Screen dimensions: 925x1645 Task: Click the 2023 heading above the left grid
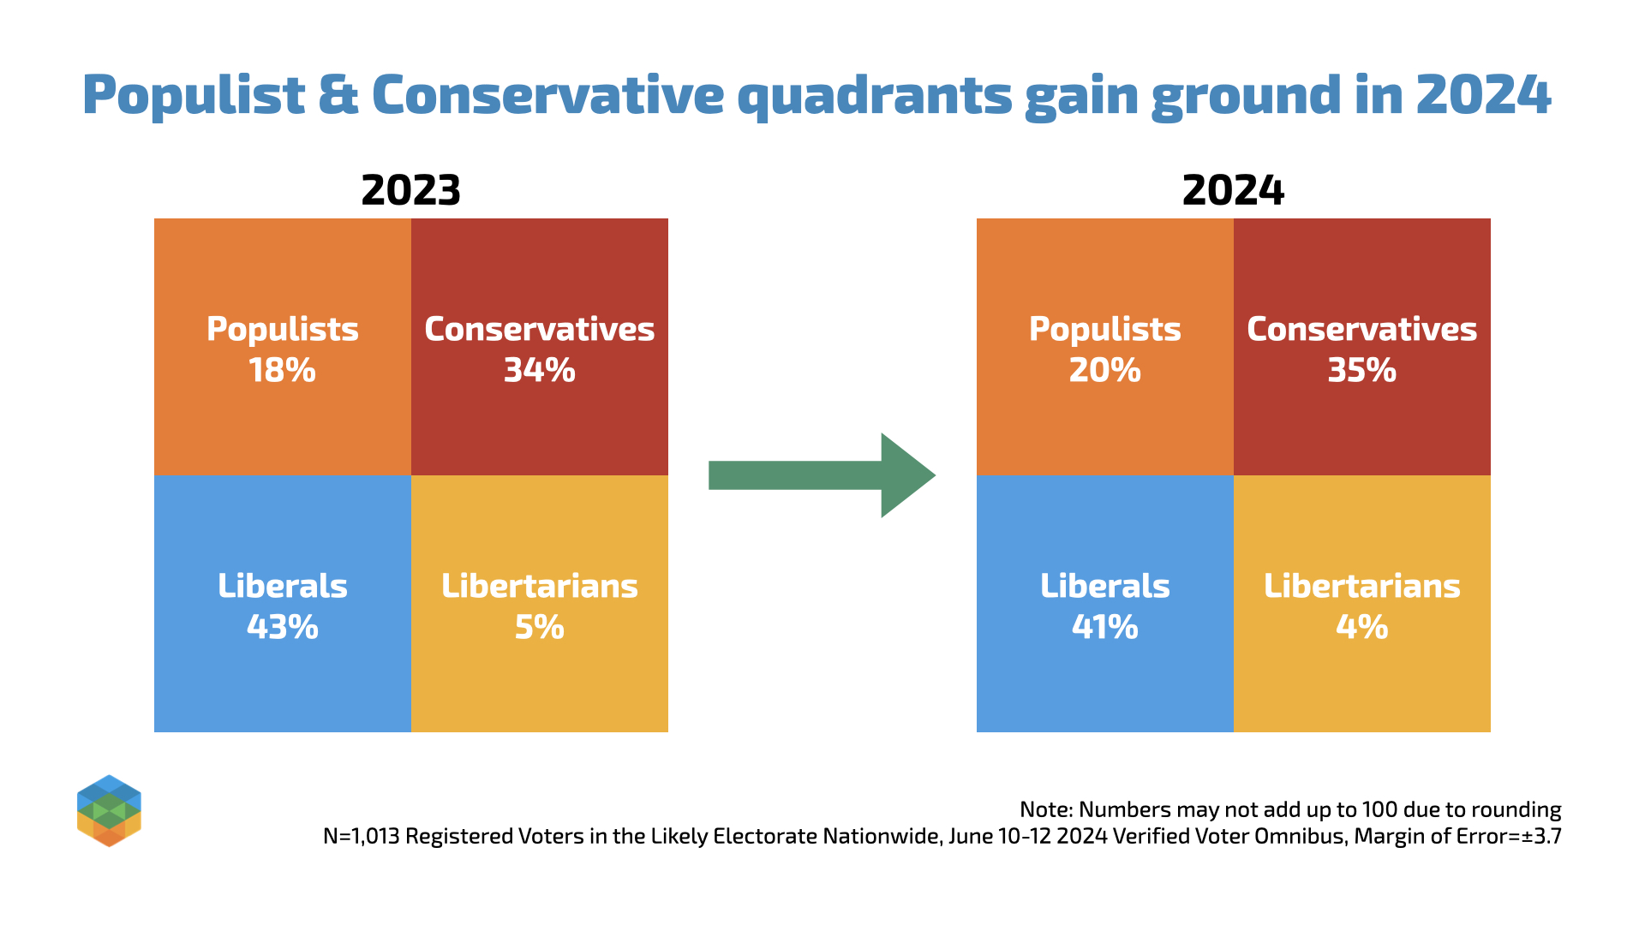(410, 190)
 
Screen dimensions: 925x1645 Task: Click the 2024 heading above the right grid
(1233, 190)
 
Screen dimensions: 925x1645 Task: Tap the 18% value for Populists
(282, 371)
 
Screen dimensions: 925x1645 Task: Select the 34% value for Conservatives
(539, 371)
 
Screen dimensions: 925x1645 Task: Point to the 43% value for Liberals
(282, 628)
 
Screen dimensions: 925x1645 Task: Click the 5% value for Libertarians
(539, 628)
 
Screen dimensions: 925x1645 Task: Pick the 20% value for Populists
(1104, 371)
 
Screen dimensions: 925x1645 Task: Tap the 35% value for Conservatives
(1361, 371)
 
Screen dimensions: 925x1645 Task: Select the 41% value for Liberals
(1104, 628)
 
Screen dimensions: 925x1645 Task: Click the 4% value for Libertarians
(1361, 628)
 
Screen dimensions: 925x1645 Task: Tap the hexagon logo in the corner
(109, 810)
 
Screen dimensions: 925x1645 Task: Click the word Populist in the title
(194, 96)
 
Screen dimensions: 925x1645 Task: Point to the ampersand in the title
(338, 96)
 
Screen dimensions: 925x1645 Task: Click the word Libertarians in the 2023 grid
(539, 587)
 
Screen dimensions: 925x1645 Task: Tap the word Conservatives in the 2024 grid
(1361, 330)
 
